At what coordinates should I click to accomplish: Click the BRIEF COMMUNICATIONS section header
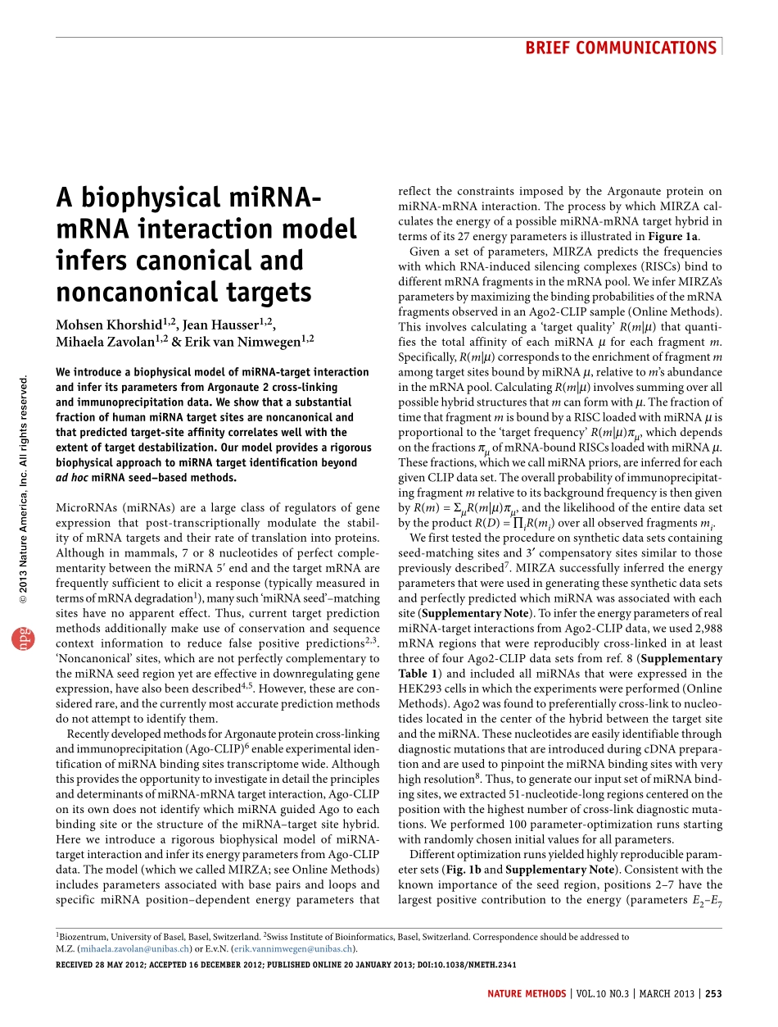click(x=620, y=48)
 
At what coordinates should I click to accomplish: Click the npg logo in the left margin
click(x=18, y=639)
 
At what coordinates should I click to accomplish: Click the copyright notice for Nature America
click(x=25, y=491)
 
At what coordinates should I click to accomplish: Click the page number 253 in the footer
click(x=713, y=994)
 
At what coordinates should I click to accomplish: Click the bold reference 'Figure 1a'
click(x=672, y=237)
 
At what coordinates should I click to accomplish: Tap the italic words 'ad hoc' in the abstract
click(x=72, y=478)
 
